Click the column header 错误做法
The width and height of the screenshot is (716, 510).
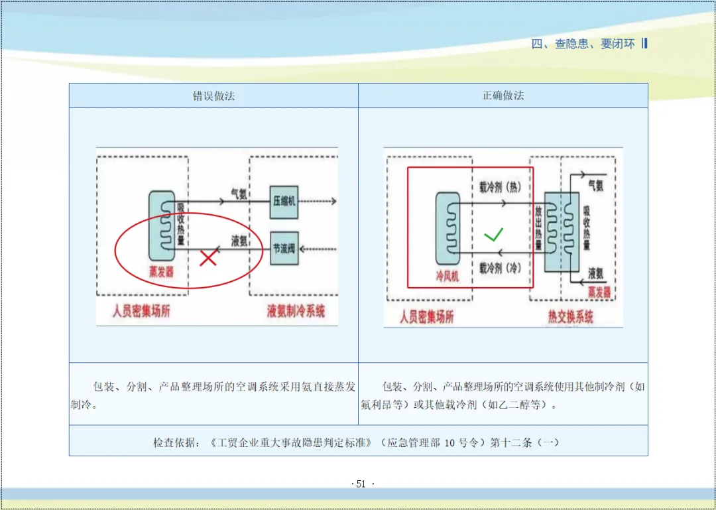[213, 96]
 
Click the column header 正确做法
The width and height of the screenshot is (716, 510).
[503, 96]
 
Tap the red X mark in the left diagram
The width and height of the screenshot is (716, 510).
[208, 257]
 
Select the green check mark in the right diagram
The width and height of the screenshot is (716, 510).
[493, 234]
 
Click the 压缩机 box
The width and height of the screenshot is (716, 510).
[284, 202]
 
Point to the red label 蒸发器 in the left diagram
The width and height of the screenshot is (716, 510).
[161, 271]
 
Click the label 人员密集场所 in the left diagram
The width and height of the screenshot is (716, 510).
[141, 310]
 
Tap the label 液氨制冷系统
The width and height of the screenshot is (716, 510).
[296, 310]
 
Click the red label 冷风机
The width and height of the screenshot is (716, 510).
[446, 275]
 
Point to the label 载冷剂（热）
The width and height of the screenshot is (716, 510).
[500, 188]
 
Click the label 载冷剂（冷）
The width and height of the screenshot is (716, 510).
[500, 267]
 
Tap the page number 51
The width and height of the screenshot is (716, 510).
[361, 484]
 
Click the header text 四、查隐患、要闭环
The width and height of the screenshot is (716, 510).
[583, 44]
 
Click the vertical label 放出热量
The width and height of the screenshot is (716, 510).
[538, 229]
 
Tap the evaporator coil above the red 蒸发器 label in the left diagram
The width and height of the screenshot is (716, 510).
[162, 225]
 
